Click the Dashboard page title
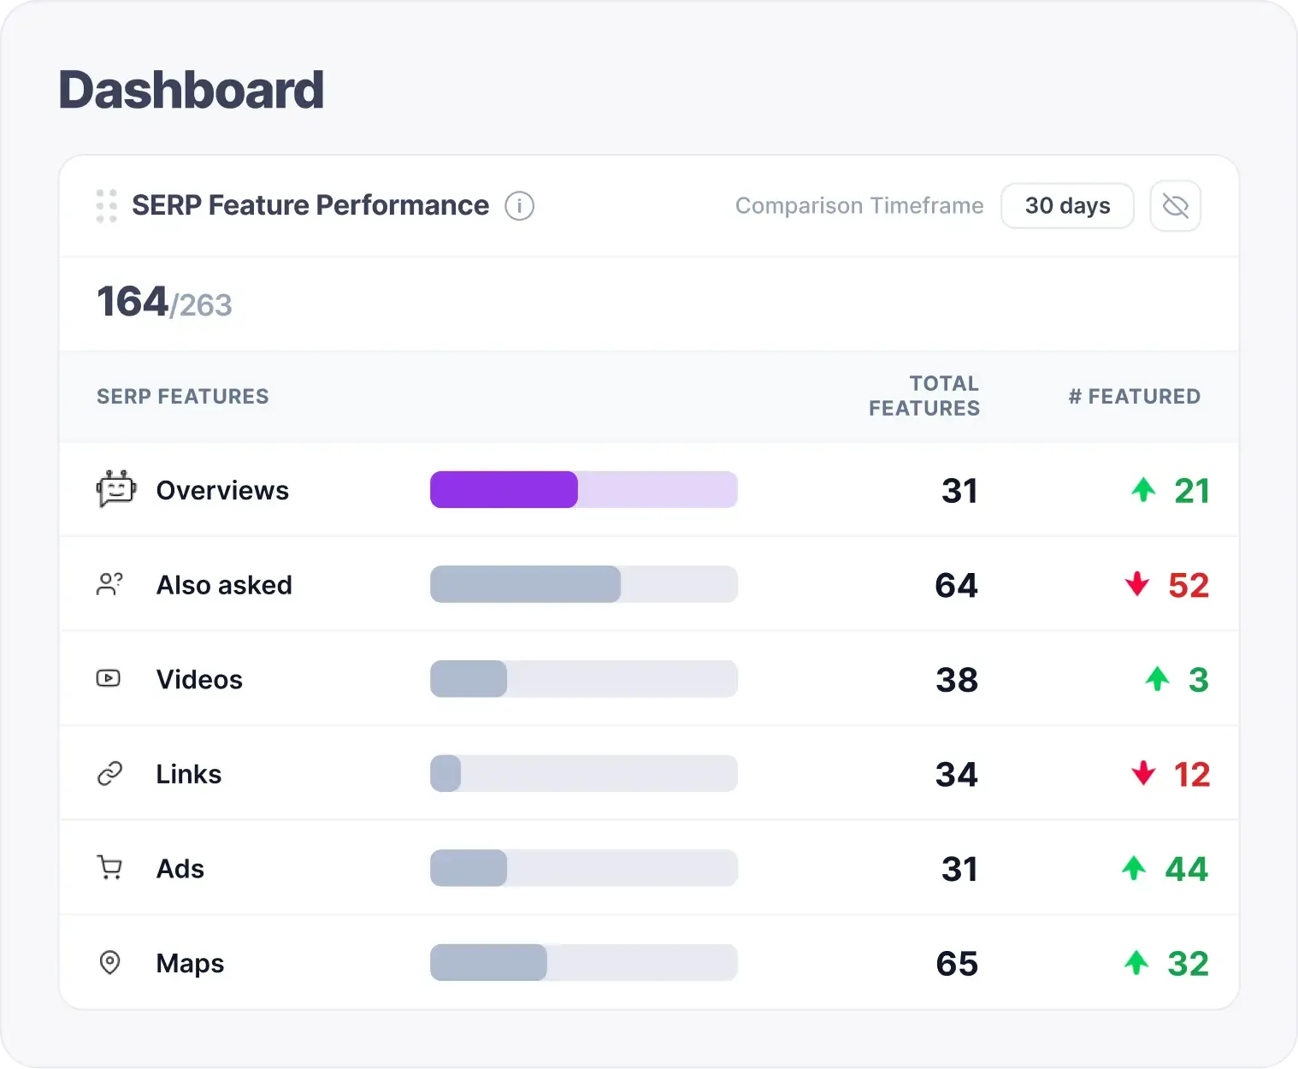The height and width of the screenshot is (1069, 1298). (x=191, y=91)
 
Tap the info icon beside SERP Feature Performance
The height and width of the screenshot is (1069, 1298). (x=519, y=206)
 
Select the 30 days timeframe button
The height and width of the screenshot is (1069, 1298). (x=1067, y=206)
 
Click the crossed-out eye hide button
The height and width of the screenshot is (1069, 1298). (x=1175, y=206)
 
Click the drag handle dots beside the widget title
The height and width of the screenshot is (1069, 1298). (x=107, y=206)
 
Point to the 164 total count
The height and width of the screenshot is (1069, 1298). (x=133, y=302)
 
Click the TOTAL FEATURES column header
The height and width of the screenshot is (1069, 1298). (x=924, y=396)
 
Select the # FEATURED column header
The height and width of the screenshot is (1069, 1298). (x=1134, y=397)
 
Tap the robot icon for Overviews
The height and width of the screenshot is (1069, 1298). (x=115, y=489)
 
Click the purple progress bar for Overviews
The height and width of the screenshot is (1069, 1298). (x=504, y=490)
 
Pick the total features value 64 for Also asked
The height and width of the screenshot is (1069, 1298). (x=956, y=586)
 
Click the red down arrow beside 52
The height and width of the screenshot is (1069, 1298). (x=1137, y=584)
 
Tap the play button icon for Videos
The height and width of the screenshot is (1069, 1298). (x=109, y=679)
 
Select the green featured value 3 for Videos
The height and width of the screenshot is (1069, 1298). (x=1198, y=681)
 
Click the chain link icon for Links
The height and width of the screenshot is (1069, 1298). (x=109, y=774)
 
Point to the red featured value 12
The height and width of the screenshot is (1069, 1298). (x=1191, y=775)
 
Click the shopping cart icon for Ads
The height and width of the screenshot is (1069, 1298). (x=109, y=868)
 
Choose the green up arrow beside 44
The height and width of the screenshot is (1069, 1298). (x=1134, y=868)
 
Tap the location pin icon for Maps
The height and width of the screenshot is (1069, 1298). (x=109, y=963)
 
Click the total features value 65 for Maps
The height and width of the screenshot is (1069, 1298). (x=957, y=964)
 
